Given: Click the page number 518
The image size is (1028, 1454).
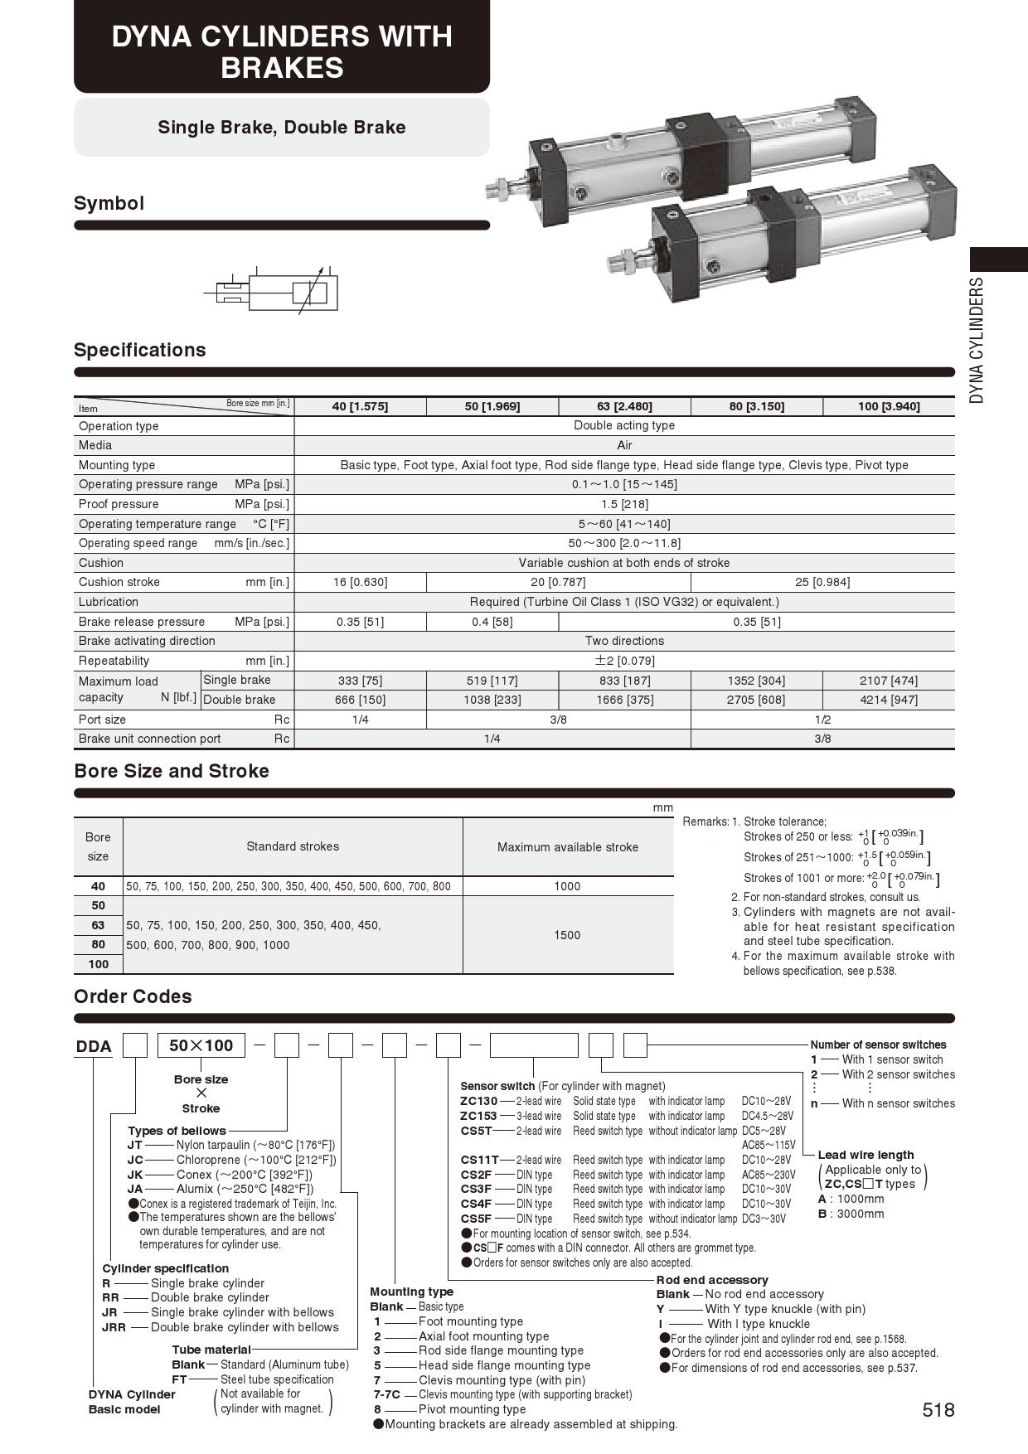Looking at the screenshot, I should click(938, 1410).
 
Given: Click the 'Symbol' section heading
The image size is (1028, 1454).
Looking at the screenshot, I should click(109, 203).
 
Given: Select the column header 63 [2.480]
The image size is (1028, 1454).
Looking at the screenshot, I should click(624, 406).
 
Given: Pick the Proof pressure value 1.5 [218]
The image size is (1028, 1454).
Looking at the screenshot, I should click(624, 504).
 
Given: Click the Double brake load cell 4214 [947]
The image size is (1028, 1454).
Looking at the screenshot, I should click(889, 700).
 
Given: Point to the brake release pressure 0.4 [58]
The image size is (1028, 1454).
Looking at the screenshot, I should click(492, 622).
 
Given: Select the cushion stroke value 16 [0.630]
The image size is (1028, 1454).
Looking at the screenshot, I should click(360, 582).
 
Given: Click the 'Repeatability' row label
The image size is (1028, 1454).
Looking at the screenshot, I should click(114, 661).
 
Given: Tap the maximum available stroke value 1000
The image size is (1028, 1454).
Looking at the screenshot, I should click(567, 886).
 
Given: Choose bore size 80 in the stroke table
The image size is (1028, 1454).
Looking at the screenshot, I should click(98, 944).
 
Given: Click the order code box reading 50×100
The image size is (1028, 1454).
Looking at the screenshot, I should click(201, 1045).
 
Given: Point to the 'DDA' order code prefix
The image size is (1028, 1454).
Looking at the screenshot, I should click(94, 1046).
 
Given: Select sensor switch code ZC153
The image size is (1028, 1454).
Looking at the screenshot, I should click(478, 1116).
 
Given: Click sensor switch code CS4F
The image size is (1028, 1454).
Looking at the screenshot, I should click(476, 1204).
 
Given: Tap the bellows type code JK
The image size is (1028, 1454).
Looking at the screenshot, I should click(135, 1175).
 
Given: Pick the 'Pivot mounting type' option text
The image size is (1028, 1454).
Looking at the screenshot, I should click(472, 1409).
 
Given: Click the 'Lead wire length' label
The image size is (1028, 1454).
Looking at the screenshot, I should click(866, 1155).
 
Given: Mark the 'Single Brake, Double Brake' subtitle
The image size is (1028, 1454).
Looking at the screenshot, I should click(282, 127).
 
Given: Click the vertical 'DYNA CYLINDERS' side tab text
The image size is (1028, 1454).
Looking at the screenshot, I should click(977, 340).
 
